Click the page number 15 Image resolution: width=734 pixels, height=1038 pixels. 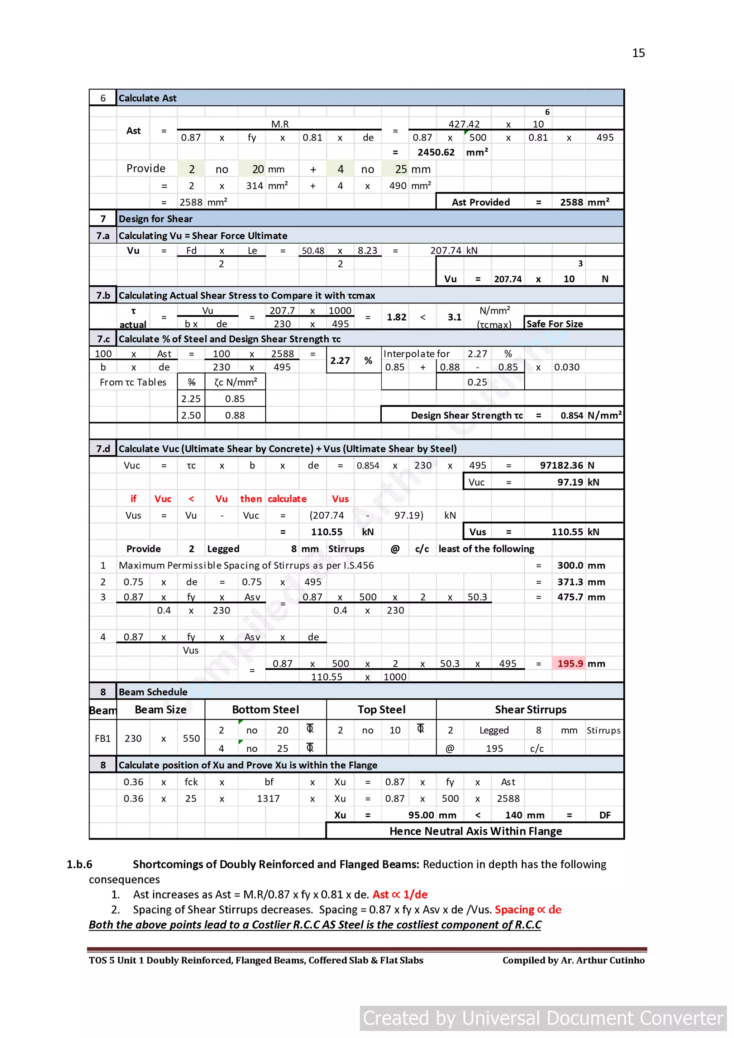coord(638,53)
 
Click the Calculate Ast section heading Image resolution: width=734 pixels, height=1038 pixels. coord(147,98)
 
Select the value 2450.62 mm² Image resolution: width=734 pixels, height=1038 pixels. coord(436,152)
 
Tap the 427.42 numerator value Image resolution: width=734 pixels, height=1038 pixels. coord(463,124)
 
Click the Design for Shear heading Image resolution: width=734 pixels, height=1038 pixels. coord(156,219)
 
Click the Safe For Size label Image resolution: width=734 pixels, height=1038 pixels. coord(554,324)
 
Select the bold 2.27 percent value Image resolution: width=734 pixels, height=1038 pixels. coord(340,360)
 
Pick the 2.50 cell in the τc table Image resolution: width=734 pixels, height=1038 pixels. coord(191,415)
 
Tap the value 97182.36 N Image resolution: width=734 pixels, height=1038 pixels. coord(561,465)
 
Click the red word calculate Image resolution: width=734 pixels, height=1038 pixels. coord(287,499)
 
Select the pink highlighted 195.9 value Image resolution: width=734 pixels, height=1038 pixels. coord(570,663)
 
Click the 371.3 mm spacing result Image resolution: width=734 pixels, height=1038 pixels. coord(570,582)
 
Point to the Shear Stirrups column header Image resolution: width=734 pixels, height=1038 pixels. coord(530,709)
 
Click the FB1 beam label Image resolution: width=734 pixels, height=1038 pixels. coord(103,738)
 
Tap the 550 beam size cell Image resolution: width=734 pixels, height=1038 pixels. coord(191,738)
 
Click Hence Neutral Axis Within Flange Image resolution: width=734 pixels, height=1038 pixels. coord(475,831)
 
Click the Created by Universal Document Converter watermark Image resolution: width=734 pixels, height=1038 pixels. coord(543,1018)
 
